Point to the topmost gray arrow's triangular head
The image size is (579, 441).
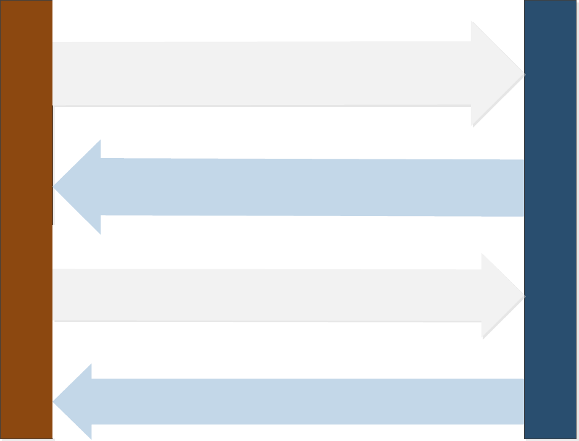pyautogui.click(x=494, y=74)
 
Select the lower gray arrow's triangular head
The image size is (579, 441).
pyautogui.click(x=500, y=296)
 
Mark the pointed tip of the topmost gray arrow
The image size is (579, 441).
pyautogui.click(x=523, y=74)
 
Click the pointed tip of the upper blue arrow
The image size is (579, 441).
pyautogui.click(x=55, y=187)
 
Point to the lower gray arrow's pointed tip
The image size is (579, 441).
pyautogui.click(x=523, y=296)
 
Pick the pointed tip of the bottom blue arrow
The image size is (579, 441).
pyautogui.click(x=54, y=402)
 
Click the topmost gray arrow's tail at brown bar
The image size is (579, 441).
pyautogui.click(x=57, y=74)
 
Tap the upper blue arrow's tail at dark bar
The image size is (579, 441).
pyautogui.click(x=520, y=188)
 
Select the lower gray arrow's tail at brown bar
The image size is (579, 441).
pyautogui.click(x=57, y=295)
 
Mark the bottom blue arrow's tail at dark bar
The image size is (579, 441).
pyautogui.click(x=520, y=401)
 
